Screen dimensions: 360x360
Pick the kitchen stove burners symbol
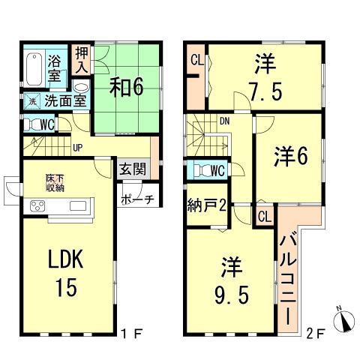click(38, 207)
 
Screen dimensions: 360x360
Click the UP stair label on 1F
click(76, 146)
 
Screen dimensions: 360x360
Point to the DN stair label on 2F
click(223, 119)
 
